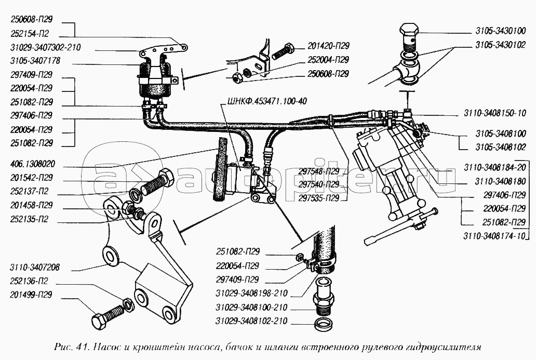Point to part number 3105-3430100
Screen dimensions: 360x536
(502, 30)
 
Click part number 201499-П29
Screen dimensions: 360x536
(31, 296)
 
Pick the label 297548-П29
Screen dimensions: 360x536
(319, 171)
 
